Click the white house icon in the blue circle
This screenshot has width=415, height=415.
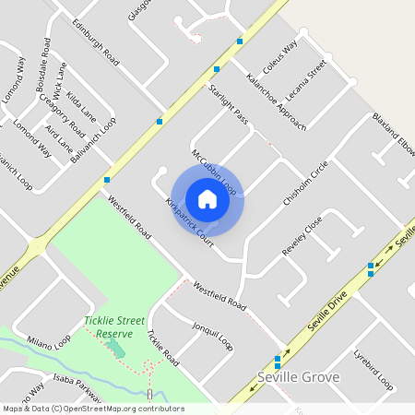pos(207,199)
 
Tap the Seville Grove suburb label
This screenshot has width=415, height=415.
pos(298,377)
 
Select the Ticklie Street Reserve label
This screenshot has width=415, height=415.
pos(115,326)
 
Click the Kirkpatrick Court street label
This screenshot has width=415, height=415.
pos(189,219)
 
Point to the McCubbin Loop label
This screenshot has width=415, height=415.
pos(214,170)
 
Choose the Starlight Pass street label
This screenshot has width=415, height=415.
pos(229,103)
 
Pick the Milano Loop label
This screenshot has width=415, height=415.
pos(48,341)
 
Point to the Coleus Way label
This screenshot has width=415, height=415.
pos(280,57)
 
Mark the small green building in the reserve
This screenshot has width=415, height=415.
pos(115,349)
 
